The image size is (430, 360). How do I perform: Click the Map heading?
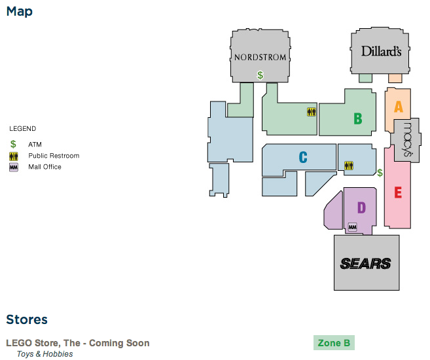click(20, 12)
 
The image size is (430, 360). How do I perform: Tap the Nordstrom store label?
click(260, 57)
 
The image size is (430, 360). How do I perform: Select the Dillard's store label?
click(381, 51)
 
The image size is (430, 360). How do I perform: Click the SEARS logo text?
click(366, 263)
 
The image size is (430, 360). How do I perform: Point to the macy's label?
click(406, 139)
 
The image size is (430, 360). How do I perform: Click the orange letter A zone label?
click(397, 105)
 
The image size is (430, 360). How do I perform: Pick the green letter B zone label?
click(357, 118)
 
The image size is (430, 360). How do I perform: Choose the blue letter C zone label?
click(302, 157)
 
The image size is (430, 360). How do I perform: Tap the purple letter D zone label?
click(361, 208)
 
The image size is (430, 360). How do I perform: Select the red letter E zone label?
click(397, 193)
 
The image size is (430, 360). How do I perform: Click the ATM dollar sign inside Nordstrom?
click(260, 75)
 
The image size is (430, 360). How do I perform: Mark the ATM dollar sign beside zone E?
click(380, 173)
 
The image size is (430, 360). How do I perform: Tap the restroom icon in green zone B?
click(311, 112)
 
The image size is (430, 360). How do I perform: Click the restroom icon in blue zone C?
click(348, 166)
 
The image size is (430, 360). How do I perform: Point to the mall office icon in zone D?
click(352, 227)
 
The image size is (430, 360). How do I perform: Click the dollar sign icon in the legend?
click(13, 144)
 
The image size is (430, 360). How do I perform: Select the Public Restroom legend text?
click(54, 156)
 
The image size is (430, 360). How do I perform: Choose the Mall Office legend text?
click(45, 167)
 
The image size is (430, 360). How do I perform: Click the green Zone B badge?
click(334, 343)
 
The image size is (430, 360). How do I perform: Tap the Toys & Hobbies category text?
click(45, 354)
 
